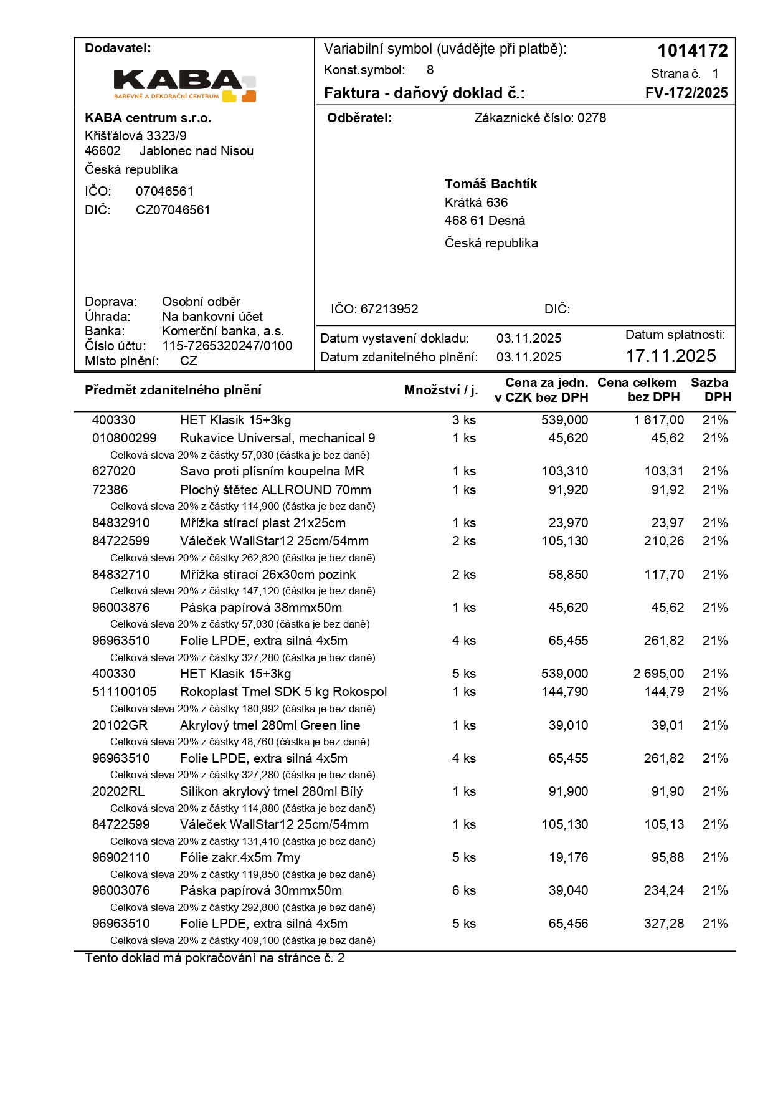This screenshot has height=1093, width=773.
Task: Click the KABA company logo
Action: pos(185,85)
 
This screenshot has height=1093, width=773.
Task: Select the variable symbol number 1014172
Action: pos(692,50)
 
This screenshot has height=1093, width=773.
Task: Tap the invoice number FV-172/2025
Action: pos(686,93)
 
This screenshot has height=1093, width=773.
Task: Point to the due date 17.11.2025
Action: pos(671,356)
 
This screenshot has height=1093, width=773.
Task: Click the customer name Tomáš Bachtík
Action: pos(490,184)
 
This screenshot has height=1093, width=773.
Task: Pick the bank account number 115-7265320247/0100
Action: pos(227,346)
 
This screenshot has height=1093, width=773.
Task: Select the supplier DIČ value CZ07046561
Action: pos(173,210)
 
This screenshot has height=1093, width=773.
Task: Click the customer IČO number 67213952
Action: pos(389,309)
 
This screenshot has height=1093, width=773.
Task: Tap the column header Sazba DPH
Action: pos(710,389)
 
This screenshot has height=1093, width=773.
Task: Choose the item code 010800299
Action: pos(124,438)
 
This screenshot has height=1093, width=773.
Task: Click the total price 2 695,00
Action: pos(658,674)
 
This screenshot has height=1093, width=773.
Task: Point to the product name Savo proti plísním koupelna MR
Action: pos(272,471)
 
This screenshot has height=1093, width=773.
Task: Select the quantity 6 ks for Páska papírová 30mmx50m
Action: pos(463,890)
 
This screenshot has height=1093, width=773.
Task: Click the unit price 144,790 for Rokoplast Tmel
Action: pos(564,692)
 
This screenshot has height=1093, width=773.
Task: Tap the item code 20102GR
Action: pos(120,725)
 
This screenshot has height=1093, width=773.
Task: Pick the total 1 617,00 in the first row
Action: pos(658,420)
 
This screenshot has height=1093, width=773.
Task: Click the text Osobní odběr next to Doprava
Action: pos(201,302)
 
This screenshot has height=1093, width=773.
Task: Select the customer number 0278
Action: pos(591,118)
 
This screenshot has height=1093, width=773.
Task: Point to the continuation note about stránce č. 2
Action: pos(214,958)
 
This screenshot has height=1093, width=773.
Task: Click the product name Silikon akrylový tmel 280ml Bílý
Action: pos(271,791)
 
